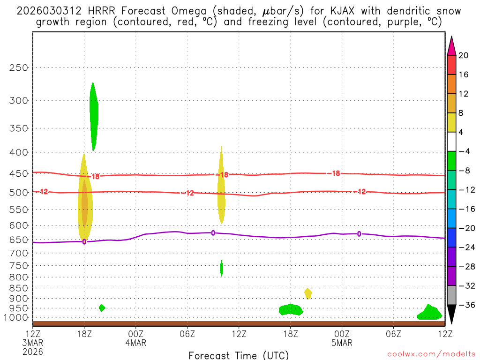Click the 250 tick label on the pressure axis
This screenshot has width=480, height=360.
pyautogui.click(x=19, y=67)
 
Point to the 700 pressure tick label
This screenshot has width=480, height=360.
pyautogui.click(x=19, y=253)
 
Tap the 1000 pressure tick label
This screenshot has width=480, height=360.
pyautogui.click(x=17, y=317)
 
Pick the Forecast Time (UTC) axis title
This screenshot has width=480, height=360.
pyautogui.click(x=239, y=355)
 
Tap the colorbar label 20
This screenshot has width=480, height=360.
pyautogui.click(x=464, y=55)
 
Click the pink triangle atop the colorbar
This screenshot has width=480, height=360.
pyautogui.click(x=451, y=46)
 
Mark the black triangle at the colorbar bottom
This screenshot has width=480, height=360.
pyautogui.click(x=451, y=314)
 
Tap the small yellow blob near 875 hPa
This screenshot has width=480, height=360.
pyautogui.click(x=308, y=293)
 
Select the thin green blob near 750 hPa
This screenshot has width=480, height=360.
pyautogui.click(x=221, y=268)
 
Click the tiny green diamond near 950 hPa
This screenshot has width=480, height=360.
pyautogui.click(x=102, y=308)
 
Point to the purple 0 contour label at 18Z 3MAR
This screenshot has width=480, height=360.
pyautogui.click(x=84, y=242)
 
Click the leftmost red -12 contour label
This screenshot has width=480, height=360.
pyautogui.click(x=44, y=192)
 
